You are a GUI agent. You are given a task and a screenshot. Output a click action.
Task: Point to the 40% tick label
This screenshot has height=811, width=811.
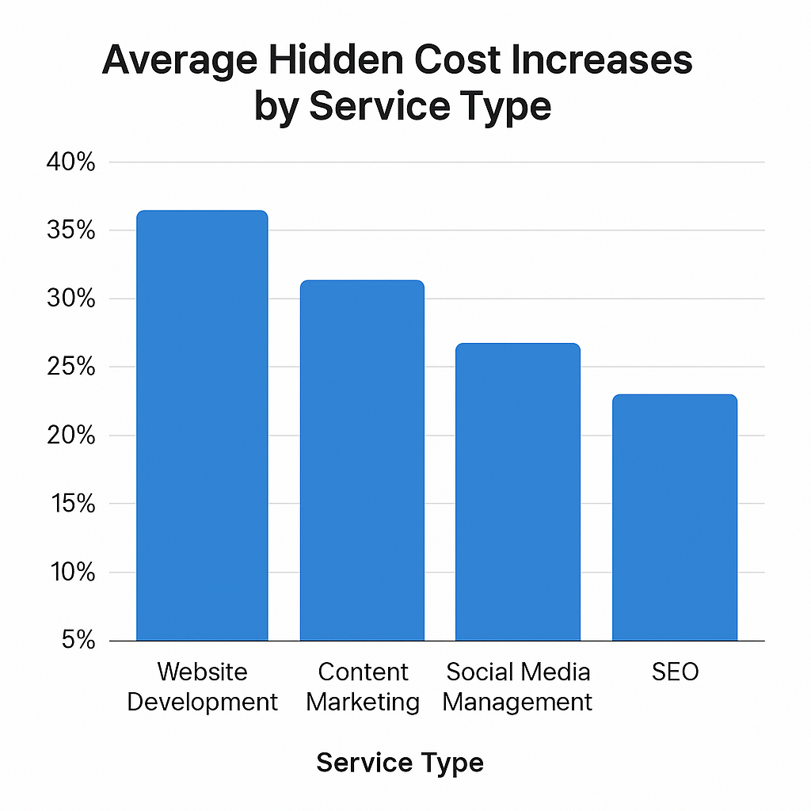click(x=71, y=162)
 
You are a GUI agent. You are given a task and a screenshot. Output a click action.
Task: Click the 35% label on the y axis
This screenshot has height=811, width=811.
click(x=71, y=230)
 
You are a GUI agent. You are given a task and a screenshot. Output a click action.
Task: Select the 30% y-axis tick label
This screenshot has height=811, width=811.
click(x=71, y=299)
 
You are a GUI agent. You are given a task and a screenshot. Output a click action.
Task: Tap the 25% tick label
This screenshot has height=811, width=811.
click(x=71, y=367)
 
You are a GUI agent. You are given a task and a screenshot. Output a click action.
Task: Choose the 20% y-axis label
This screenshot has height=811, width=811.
click(x=71, y=436)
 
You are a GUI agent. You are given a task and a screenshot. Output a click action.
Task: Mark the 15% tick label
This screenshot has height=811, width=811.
click(x=71, y=504)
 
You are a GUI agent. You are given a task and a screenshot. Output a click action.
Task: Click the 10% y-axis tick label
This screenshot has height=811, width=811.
click(x=71, y=573)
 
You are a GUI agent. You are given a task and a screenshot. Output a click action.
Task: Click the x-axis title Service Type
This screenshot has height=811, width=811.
click(x=400, y=763)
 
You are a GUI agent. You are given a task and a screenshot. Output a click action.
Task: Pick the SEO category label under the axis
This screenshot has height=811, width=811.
click(x=676, y=672)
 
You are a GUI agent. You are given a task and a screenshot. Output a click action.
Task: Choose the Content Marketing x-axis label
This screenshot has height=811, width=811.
click(x=363, y=687)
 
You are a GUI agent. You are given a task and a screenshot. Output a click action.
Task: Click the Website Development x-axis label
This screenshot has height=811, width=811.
click(x=203, y=687)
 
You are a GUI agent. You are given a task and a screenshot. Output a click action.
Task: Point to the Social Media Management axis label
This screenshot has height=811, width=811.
click(x=518, y=687)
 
